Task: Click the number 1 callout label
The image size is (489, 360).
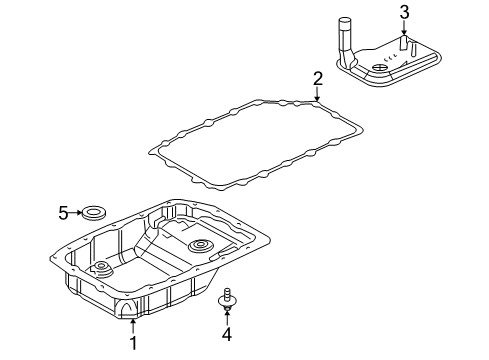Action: [x=131, y=344]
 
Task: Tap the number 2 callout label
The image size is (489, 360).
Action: [x=317, y=78]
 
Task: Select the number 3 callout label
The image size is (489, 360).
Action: [x=404, y=12]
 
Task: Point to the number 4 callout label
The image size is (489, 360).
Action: [x=228, y=333]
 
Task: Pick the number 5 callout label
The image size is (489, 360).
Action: [x=62, y=212]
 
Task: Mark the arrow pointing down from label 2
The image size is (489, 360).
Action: [x=317, y=94]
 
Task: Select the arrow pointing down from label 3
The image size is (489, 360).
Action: [x=404, y=30]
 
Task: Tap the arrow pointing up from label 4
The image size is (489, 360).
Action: [x=228, y=316]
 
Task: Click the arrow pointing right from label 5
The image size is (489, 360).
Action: [x=77, y=212]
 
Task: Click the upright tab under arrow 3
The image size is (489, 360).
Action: [x=404, y=46]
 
